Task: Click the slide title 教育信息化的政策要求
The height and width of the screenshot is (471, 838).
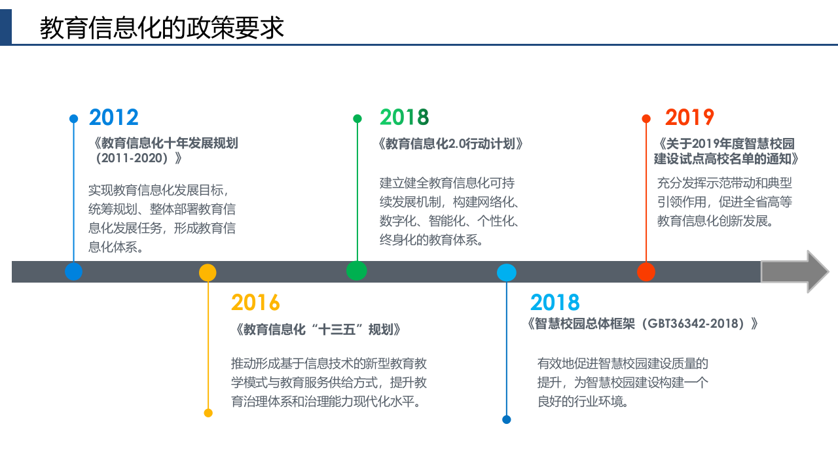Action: click(162, 28)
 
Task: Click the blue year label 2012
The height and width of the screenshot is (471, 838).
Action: click(114, 117)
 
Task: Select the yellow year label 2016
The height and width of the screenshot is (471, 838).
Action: click(255, 303)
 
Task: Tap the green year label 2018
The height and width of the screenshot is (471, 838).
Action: click(404, 117)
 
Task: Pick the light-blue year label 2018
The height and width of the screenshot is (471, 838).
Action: click(555, 303)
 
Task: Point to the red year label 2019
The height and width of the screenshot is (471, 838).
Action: click(689, 117)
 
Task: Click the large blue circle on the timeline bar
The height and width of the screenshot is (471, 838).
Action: click(74, 271)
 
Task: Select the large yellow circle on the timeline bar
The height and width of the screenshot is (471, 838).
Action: click(208, 272)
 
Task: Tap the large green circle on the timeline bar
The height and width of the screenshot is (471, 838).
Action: click(357, 270)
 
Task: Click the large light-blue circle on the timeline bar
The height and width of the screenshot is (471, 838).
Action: click(507, 272)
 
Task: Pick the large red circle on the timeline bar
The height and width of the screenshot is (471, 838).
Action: click(646, 271)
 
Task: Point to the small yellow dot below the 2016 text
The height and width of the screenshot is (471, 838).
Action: click(208, 413)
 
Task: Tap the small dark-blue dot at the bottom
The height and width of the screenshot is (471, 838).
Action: click(507, 420)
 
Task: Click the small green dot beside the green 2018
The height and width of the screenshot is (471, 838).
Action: click(357, 118)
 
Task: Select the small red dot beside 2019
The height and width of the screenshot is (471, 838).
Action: click(646, 118)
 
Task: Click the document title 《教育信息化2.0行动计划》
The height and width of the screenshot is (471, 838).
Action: click(450, 144)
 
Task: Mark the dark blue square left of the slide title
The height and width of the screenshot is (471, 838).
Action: click(5, 27)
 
